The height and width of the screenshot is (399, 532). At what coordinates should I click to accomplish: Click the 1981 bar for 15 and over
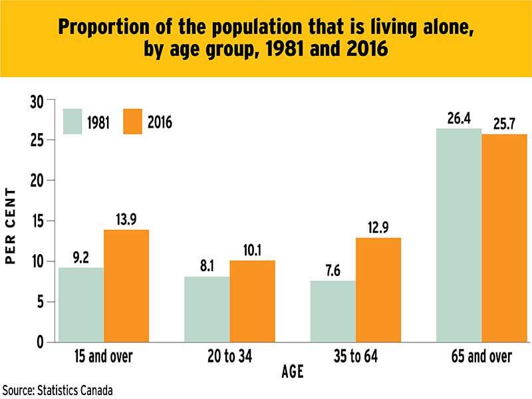[x=81, y=305]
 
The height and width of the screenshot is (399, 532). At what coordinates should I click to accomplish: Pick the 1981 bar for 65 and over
[x=459, y=235]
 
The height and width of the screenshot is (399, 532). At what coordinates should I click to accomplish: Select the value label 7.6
[x=333, y=271]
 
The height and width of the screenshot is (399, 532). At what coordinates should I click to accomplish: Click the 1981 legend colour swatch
[x=72, y=121]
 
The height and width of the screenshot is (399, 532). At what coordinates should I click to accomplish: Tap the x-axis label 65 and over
[x=481, y=357]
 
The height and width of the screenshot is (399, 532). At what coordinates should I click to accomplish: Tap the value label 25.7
[x=504, y=124]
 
